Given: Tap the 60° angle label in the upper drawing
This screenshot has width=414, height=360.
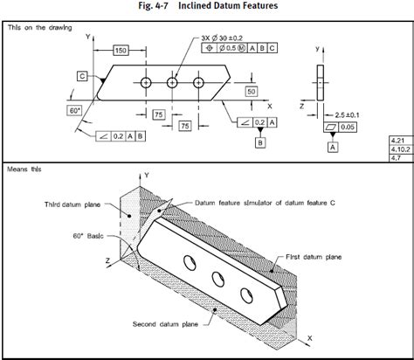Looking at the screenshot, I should click(74, 112).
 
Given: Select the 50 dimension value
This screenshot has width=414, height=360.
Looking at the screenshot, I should click(251, 91).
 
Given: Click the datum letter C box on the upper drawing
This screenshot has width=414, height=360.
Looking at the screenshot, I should click(82, 77).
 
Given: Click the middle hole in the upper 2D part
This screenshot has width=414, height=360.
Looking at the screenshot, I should click(173, 82).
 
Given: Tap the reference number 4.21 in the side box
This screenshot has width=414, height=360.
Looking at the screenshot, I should click(397, 140).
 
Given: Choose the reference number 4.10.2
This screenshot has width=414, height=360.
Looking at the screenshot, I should click(397, 149).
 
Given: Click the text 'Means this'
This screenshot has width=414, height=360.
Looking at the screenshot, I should click(24, 168).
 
